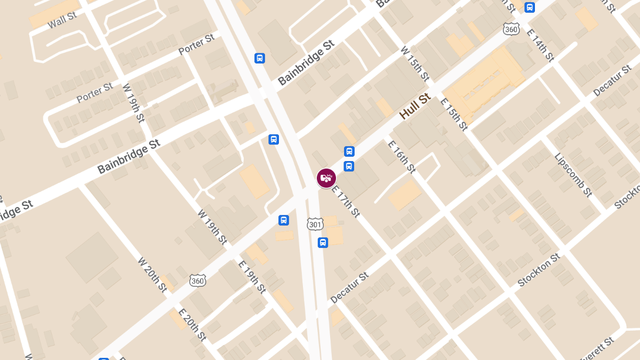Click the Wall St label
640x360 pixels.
[x=62, y=21]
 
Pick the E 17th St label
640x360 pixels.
[x=346, y=201]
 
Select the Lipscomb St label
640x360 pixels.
[x=573, y=175]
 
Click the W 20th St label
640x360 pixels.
[x=153, y=275]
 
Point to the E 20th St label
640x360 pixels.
[x=192, y=325]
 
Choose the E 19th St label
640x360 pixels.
[x=252, y=277]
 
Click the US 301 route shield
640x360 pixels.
[x=315, y=224]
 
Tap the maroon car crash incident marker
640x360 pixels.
[x=326, y=178]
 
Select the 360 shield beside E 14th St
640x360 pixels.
[x=511, y=29]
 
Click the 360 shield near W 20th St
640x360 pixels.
[x=197, y=280]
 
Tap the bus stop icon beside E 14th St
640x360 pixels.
[x=530, y=7]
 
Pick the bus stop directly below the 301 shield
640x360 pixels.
[x=323, y=243]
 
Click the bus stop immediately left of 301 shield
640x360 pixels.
[x=284, y=220]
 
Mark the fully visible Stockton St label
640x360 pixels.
[x=539, y=270]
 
